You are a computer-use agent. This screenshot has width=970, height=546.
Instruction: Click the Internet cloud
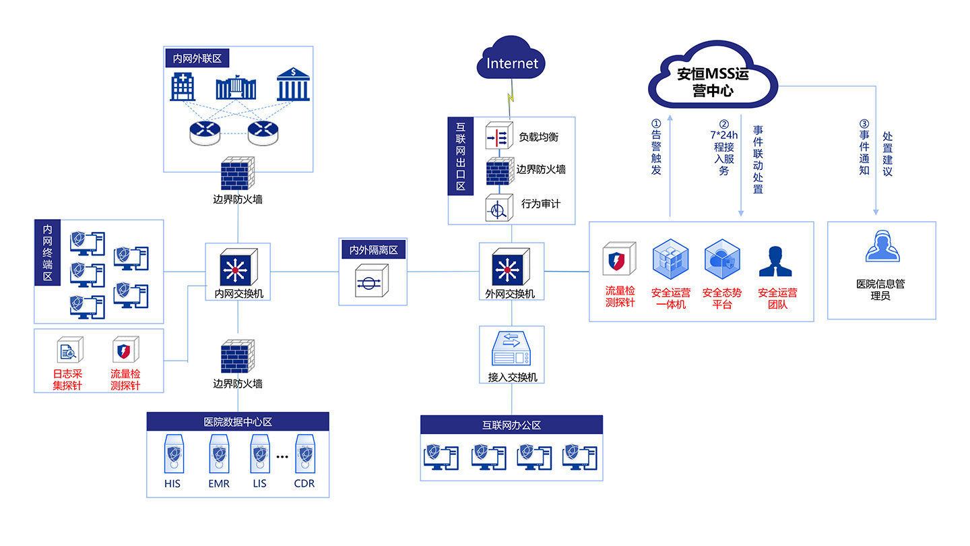pyautogui.click(x=512, y=63)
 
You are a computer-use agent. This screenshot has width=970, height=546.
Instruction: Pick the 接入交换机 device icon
pyautogui.click(x=512, y=348)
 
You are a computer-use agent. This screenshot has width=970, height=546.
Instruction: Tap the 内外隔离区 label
pyautogui.click(x=373, y=250)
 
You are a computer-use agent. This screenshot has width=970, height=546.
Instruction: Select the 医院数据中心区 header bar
pyautogui.click(x=238, y=422)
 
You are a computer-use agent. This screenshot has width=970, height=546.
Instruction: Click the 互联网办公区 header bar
pyautogui.click(x=511, y=425)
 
